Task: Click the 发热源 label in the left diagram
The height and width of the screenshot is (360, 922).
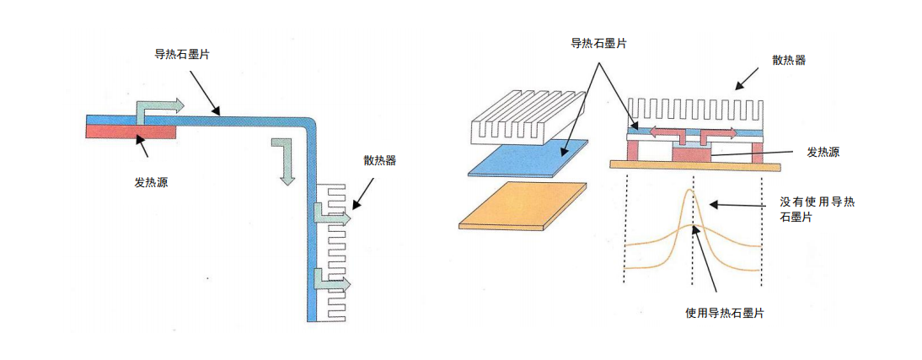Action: point(151,181)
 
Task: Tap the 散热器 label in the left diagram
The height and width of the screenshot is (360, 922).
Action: point(379,160)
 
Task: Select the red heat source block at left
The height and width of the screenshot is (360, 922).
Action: point(131,132)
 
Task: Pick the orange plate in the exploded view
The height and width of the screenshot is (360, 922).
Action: point(523,205)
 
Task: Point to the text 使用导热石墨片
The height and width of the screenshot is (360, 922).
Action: point(725,313)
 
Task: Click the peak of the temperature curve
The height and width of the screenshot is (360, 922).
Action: point(690,191)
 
